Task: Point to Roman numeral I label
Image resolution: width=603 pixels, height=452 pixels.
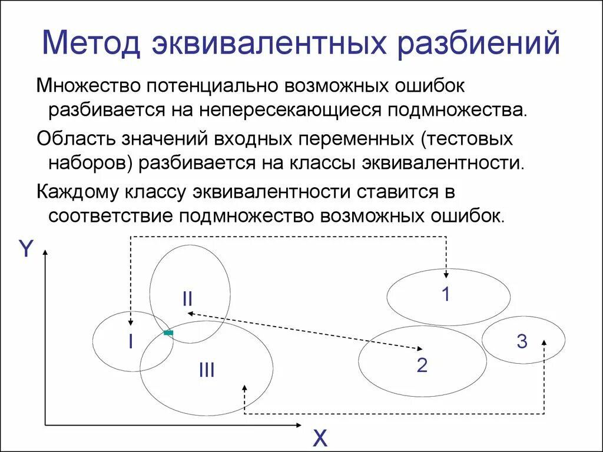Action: (x=131, y=342)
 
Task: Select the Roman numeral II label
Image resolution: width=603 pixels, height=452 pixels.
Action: (x=187, y=299)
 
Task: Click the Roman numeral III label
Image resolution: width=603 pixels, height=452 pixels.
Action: (x=206, y=370)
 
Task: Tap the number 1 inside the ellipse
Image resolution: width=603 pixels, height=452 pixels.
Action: (x=446, y=294)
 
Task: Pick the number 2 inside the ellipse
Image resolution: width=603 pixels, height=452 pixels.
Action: (x=422, y=365)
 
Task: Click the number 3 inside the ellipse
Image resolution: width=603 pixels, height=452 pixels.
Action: (x=522, y=341)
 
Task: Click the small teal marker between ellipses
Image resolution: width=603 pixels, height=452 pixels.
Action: (x=168, y=333)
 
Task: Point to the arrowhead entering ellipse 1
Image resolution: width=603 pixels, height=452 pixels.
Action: (x=446, y=274)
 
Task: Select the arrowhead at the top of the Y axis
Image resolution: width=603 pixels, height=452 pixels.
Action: (x=45, y=252)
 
